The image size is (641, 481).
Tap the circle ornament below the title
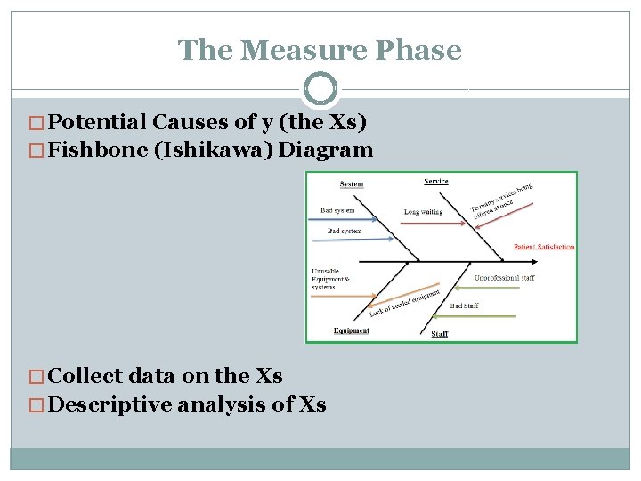tap(320, 89)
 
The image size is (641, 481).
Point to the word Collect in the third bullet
tap(85, 376)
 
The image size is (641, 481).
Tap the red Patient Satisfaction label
tap(543, 247)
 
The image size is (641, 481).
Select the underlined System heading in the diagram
tap(352, 185)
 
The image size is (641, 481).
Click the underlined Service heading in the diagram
tap(435, 182)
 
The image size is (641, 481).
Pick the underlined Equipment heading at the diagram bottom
tap(351, 330)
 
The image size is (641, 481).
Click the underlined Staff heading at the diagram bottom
tap(440, 334)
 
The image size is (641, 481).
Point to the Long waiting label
tap(423, 212)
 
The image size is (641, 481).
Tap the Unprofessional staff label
tap(504, 278)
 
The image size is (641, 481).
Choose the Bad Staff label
tap(464, 306)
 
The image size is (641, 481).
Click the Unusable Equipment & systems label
tap(330, 279)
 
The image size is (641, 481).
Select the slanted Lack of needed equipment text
tap(405, 302)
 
